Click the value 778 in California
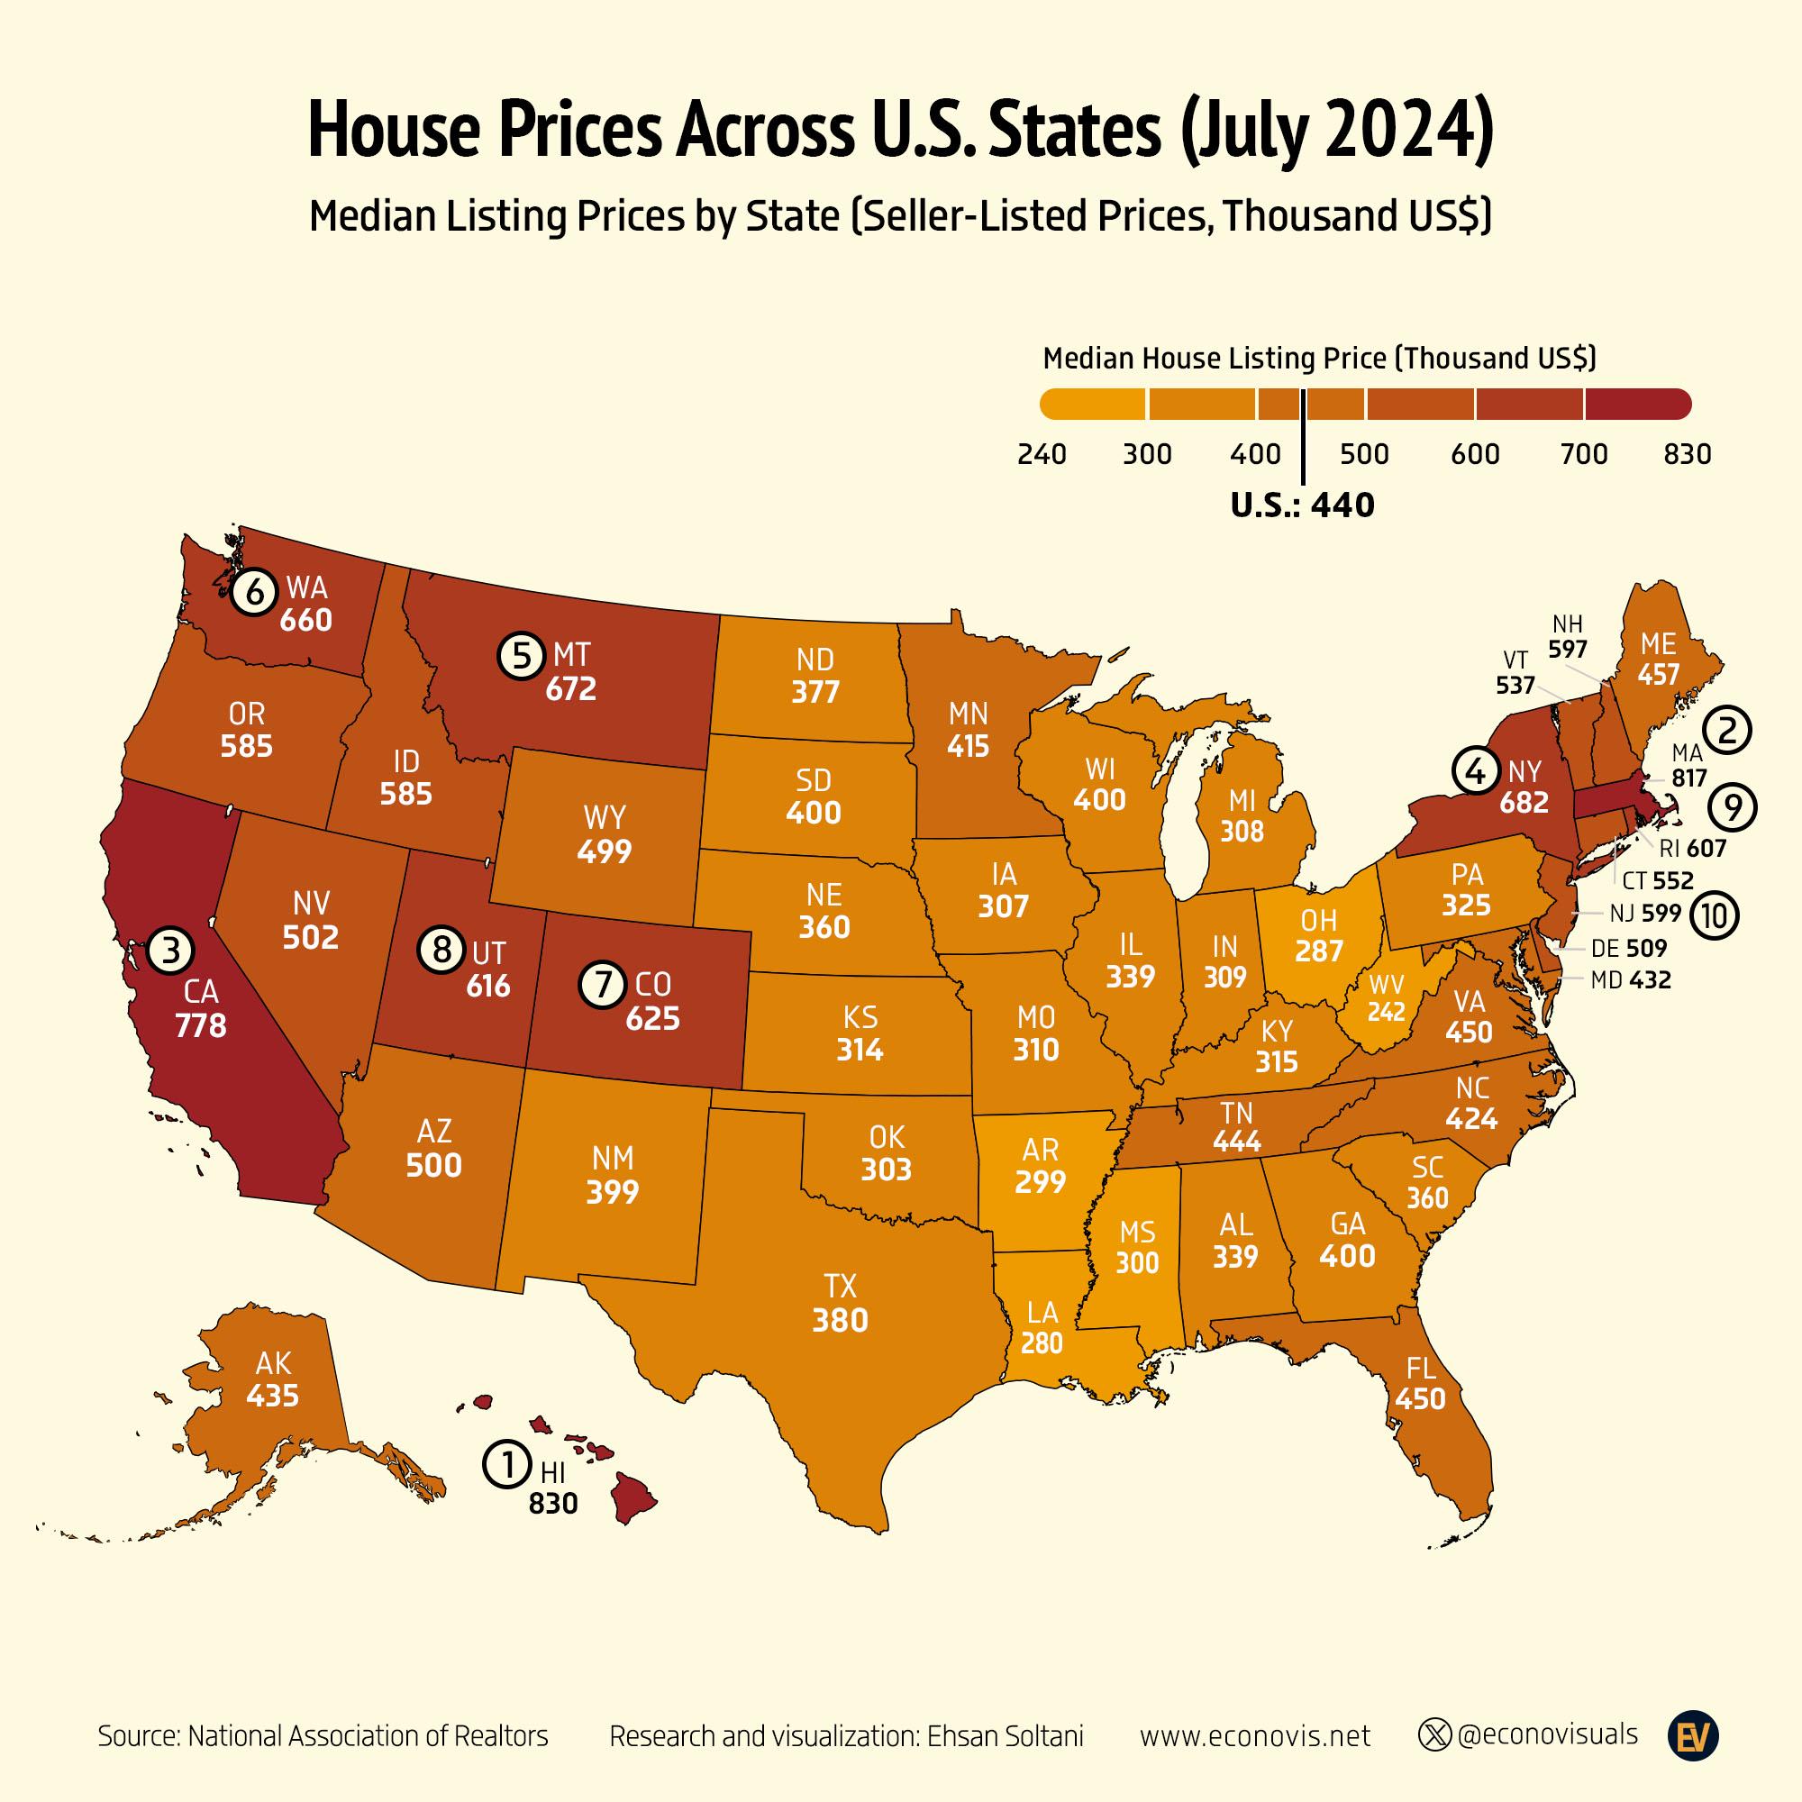tap(201, 1026)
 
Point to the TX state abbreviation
tap(841, 1288)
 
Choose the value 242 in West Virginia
tap(1386, 1012)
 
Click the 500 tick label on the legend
tap(1363, 454)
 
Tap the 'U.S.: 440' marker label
tap(1302, 505)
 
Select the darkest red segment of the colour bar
tap(1636, 404)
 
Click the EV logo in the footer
tap(1693, 1736)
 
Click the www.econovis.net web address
tap(1254, 1736)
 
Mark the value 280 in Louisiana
tap(1042, 1343)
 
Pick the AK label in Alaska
tap(273, 1363)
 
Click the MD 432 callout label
tap(1631, 980)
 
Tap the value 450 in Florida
tap(1421, 1399)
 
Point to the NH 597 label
tap(1567, 636)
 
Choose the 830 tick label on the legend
tap(1688, 454)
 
